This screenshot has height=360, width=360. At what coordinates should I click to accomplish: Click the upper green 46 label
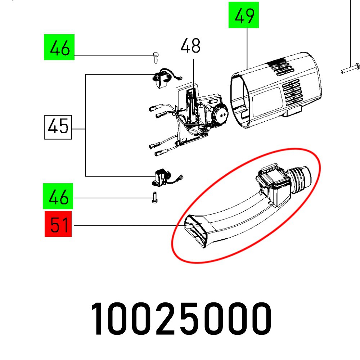point(59,47)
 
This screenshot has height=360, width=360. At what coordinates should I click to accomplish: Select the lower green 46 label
point(58,196)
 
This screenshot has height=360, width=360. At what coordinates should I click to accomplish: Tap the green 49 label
point(244,15)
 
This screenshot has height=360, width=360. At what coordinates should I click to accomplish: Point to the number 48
point(190,46)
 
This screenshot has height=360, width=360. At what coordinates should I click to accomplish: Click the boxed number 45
point(58,127)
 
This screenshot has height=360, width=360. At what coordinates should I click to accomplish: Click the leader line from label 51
point(126,226)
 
